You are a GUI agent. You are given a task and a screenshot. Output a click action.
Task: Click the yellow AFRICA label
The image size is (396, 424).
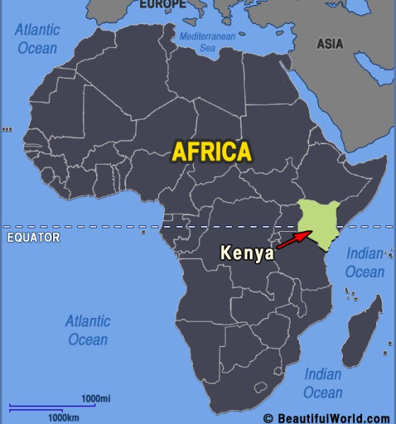click(x=211, y=151)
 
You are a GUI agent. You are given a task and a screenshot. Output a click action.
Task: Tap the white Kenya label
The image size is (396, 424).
click(x=247, y=253)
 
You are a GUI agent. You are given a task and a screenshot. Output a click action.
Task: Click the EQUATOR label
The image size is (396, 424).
click(x=33, y=238)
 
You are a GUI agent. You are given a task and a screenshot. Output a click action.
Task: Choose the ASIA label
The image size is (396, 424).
click(x=330, y=44)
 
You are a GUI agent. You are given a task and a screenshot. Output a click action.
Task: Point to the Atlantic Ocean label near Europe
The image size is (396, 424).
click(x=38, y=39)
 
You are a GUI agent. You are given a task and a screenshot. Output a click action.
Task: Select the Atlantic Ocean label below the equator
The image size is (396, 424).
click(x=88, y=329)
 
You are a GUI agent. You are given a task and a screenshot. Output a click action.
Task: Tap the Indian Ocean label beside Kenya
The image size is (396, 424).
click(x=365, y=262)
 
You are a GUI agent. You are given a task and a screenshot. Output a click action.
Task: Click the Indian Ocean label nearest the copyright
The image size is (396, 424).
click(x=323, y=383)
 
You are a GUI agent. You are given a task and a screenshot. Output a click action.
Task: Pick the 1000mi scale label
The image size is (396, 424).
click(x=95, y=399)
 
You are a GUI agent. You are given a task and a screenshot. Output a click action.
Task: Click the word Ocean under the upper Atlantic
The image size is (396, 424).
click(x=37, y=48)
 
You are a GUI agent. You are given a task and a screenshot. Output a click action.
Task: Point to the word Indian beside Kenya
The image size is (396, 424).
click(x=365, y=254)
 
